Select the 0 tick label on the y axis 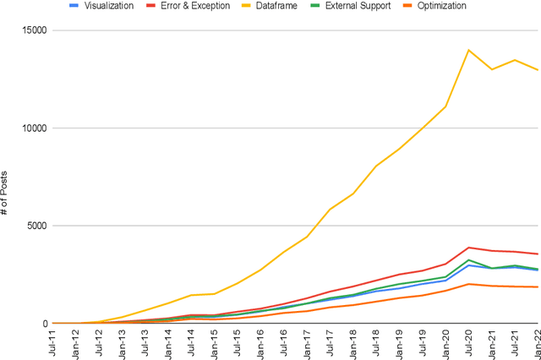coord(43,324)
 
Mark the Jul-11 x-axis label coord(53,343)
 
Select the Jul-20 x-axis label coord(469,343)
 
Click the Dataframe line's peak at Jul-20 coord(468,50)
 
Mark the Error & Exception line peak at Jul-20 coord(468,248)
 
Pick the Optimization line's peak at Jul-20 coord(468,284)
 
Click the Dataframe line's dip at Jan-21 coord(492,69)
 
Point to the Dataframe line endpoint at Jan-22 coord(537,70)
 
